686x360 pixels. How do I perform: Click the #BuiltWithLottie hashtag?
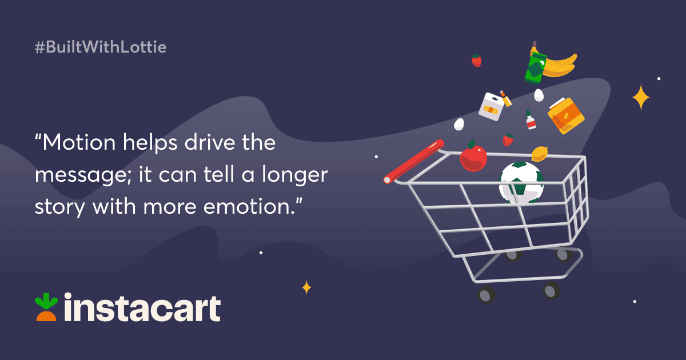[101, 47]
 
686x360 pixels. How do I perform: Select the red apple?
[473, 157]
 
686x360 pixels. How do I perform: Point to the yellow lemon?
[540, 153]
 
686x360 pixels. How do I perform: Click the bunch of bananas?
[557, 65]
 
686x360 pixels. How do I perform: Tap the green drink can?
[536, 66]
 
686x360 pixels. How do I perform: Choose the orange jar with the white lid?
[565, 116]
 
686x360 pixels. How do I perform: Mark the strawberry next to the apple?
[507, 139]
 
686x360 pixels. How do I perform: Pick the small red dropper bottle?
[531, 120]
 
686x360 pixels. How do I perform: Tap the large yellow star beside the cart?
[641, 97]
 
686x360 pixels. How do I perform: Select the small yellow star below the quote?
[306, 287]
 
